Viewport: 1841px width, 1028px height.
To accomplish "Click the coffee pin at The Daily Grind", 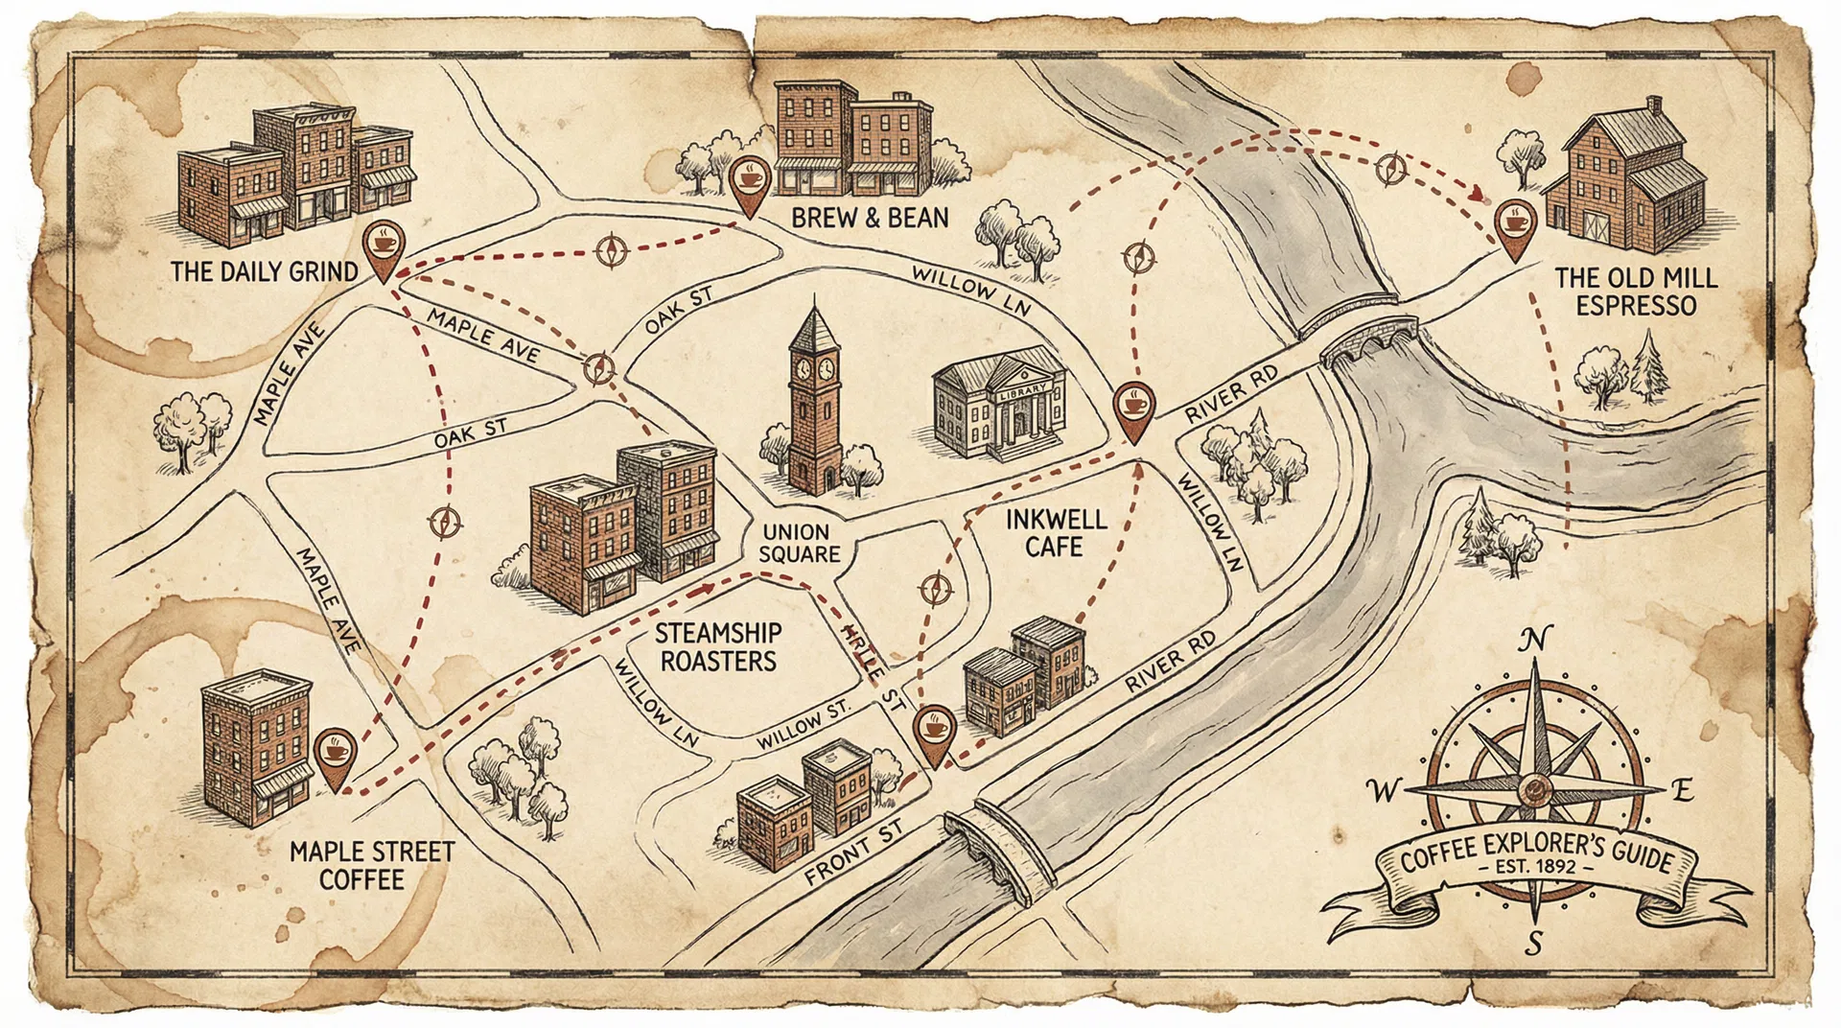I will coord(384,245).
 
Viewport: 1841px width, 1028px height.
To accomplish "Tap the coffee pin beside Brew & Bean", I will coord(749,180).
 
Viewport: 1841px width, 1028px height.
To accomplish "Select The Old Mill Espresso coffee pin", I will coord(1514,225).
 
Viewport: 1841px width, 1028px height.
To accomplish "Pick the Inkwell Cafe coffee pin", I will coord(1133,408).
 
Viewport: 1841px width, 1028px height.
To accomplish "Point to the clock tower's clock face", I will coord(804,369).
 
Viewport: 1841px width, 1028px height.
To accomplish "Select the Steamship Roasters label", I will coord(718,647).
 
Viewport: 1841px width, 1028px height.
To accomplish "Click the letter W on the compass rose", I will coord(1382,791).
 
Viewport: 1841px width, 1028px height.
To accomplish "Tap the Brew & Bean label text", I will coord(870,219).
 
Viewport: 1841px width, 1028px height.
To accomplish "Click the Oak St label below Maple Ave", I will coord(470,433).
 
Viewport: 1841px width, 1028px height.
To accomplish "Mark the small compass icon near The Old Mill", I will coord(1389,169).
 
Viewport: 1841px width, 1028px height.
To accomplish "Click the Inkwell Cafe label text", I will coord(1055,533).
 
